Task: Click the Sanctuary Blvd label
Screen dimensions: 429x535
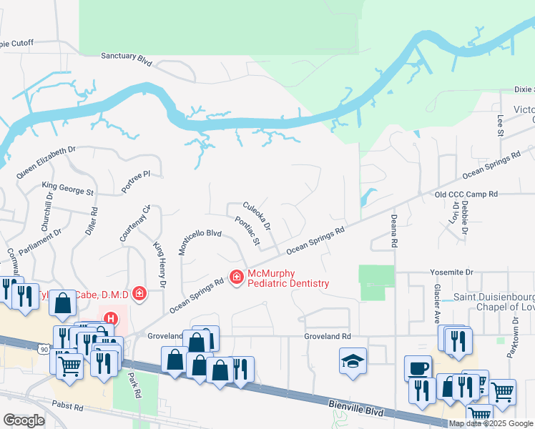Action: click(x=127, y=58)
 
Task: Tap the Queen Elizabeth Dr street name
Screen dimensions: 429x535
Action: click(x=46, y=162)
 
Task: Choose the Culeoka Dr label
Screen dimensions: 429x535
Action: click(x=257, y=215)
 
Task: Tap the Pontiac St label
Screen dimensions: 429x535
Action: click(x=247, y=230)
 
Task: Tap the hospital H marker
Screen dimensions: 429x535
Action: click(x=110, y=319)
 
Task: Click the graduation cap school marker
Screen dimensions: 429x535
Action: click(x=353, y=360)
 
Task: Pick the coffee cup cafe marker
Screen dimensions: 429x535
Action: click(x=418, y=368)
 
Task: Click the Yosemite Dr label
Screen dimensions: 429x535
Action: click(x=452, y=272)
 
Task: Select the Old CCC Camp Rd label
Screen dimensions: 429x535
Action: click(x=465, y=194)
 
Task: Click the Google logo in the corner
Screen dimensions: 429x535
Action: click(x=24, y=420)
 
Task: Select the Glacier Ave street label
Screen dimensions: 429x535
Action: click(x=436, y=304)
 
